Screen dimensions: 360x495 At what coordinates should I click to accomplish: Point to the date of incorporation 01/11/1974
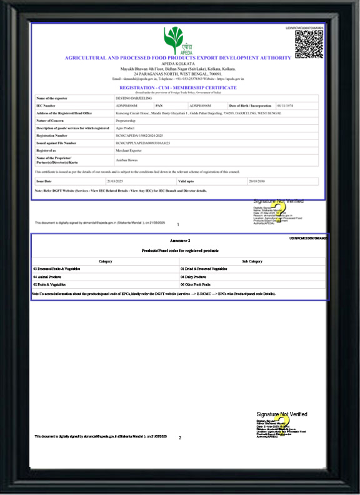pos(285,106)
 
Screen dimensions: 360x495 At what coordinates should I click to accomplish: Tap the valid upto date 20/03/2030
pos(239,180)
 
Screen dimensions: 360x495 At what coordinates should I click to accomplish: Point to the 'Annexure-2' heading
pos(179,241)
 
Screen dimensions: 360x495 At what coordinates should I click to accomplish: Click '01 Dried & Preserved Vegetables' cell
pos(204,268)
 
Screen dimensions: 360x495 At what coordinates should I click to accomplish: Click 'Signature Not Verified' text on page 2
pos(281,414)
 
